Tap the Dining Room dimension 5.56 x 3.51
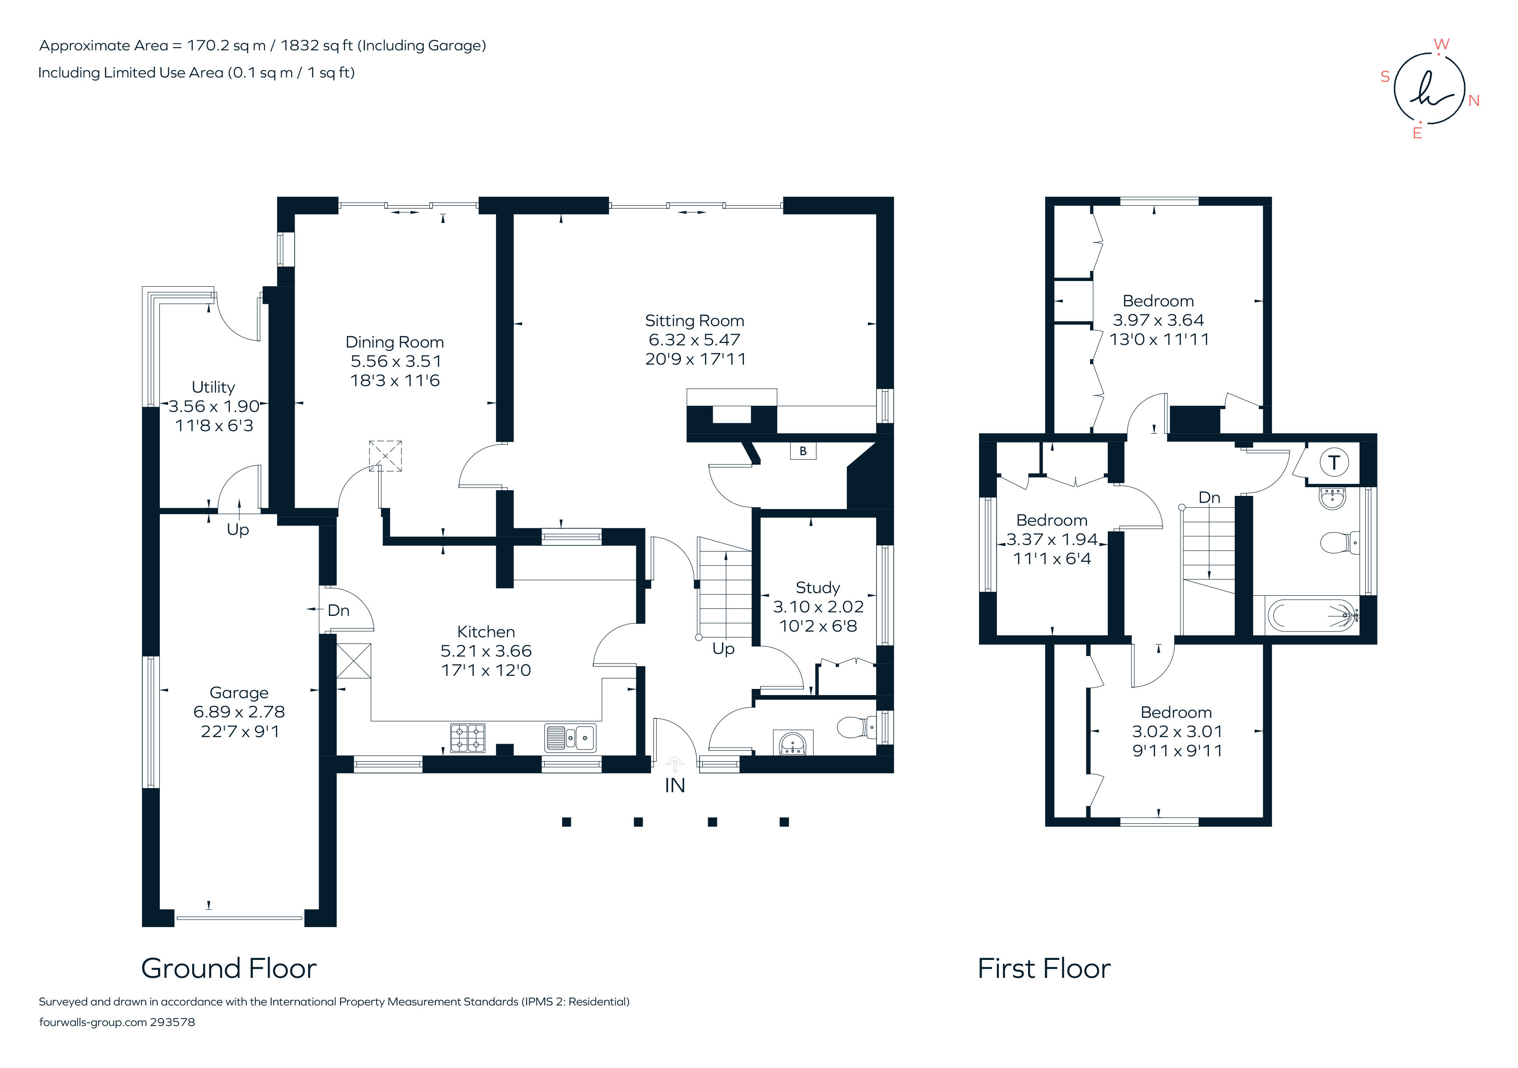click(x=395, y=362)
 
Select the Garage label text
click(x=239, y=692)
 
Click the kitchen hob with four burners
click(x=468, y=738)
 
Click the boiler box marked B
click(x=803, y=451)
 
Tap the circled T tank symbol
click(x=1334, y=463)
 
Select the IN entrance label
click(x=674, y=786)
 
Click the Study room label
click(x=817, y=587)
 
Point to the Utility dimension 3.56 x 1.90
click(x=214, y=407)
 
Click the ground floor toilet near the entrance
click(x=855, y=727)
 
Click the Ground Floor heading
click(x=229, y=969)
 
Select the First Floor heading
click(x=1044, y=969)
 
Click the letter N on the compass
click(x=1474, y=101)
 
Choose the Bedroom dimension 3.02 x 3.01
click(x=1177, y=731)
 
